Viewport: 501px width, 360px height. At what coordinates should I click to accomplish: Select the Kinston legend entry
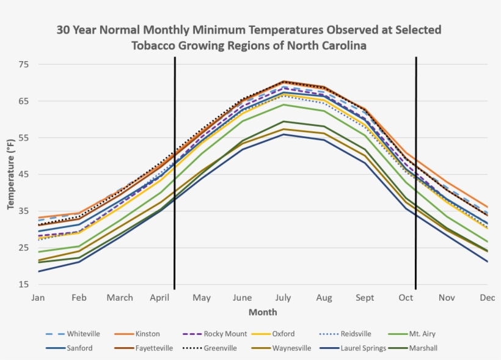[x=148, y=334]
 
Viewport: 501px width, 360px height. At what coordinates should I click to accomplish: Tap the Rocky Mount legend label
[x=225, y=334]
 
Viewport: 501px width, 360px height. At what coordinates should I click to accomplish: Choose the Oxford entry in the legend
[x=283, y=334]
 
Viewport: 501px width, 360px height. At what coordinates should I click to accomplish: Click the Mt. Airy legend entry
[x=423, y=334]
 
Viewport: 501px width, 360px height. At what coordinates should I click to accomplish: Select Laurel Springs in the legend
[x=364, y=348]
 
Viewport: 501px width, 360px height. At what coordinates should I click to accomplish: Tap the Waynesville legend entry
[x=291, y=348]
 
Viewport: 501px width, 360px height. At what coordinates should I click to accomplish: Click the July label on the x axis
[x=283, y=298]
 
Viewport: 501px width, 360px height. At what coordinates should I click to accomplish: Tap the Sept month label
[x=365, y=298]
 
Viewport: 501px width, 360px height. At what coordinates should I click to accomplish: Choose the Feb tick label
[x=79, y=298]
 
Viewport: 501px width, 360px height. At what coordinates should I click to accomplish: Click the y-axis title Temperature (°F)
[x=10, y=174]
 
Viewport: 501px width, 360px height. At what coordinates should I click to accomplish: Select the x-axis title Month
[x=263, y=312]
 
